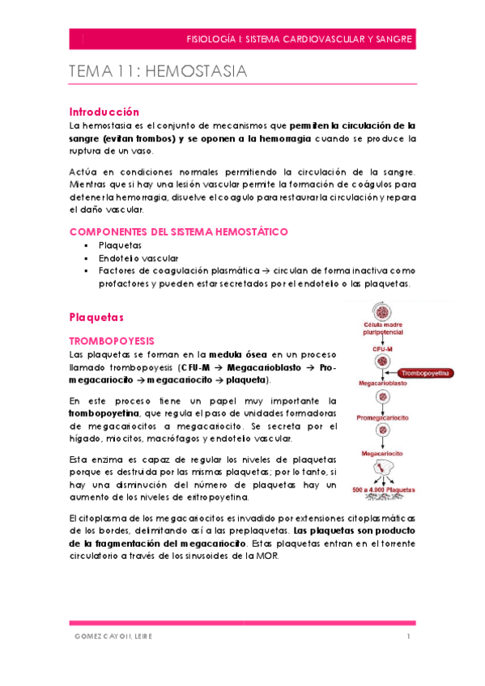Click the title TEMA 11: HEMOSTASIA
click(x=159, y=72)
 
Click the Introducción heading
click(x=104, y=112)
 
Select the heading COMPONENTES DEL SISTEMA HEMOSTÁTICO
click(x=178, y=231)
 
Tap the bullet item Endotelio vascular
click(x=127, y=257)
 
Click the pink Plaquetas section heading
click(x=98, y=316)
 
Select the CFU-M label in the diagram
click(x=382, y=349)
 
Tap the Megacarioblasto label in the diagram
click(x=383, y=383)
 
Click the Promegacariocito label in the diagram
click(x=382, y=417)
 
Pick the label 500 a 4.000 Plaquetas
click(x=384, y=489)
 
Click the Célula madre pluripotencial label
click(x=383, y=327)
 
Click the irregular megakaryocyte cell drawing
click(x=383, y=472)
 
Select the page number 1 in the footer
click(x=410, y=637)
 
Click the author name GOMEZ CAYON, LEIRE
click(x=111, y=637)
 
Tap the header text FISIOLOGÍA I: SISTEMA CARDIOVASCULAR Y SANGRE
click(x=300, y=38)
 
